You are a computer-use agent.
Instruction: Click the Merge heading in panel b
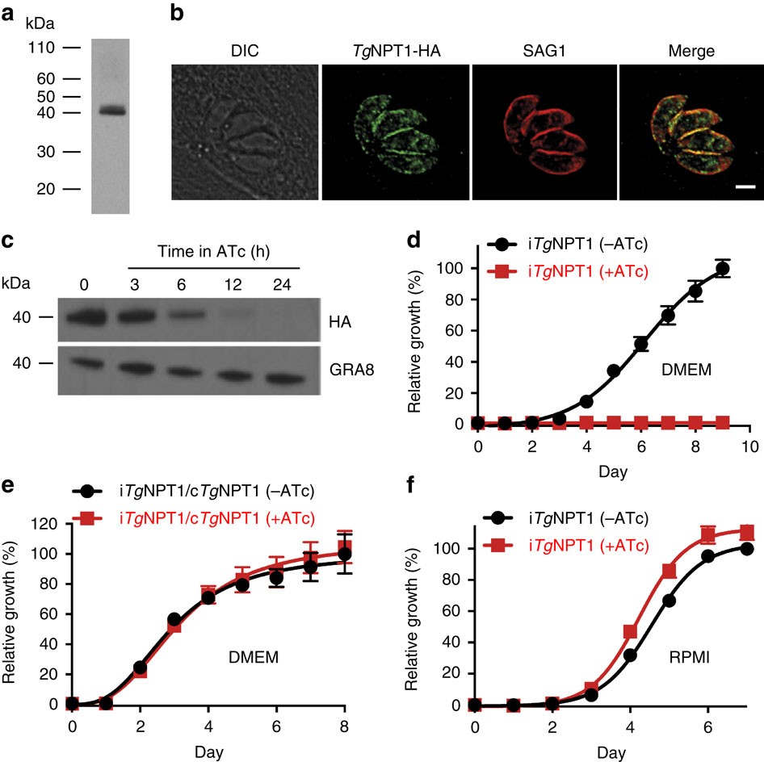[x=691, y=52]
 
